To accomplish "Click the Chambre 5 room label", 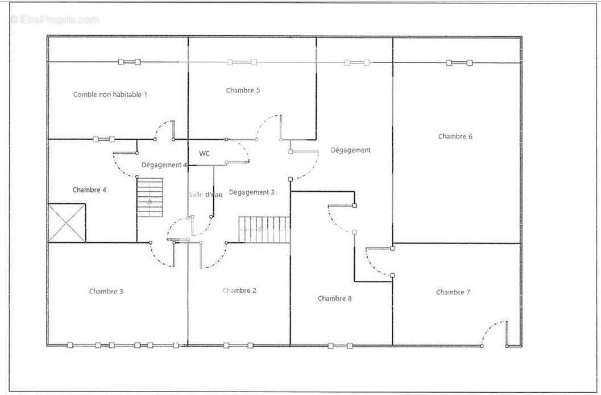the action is (243, 90).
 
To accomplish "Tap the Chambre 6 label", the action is (455, 136).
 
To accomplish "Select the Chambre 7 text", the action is (453, 292).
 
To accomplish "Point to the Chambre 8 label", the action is (334, 299).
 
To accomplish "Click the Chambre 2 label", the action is (239, 291).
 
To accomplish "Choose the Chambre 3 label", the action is (106, 291).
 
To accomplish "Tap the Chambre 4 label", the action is (89, 190).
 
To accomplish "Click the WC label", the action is (204, 153).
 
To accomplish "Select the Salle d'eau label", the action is (205, 195).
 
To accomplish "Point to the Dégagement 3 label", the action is (252, 192).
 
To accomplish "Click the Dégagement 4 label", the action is (164, 165).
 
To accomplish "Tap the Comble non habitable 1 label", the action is (110, 95).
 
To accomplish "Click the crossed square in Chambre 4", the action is (67, 223).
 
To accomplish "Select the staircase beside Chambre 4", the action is (150, 197).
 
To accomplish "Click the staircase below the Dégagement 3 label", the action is (264, 230).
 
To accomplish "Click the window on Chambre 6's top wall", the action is (459, 63).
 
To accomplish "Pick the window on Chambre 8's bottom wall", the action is (340, 346).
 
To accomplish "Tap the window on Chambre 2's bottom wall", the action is (238, 345).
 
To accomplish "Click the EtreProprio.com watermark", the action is (55, 19).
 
